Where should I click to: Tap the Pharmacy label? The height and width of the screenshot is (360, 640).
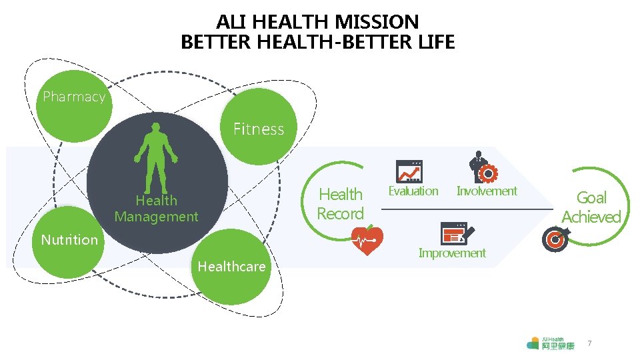pyautogui.click(x=74, y=97)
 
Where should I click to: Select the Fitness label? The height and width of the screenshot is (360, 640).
pyautogui.click(x=259, y=129)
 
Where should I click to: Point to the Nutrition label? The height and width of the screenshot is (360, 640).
pyautogui.click(x=69, y=239)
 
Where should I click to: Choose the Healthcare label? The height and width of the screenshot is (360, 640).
pyautogui.click(x=231, y=267)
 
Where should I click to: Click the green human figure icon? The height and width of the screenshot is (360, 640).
pyautogui.click(x=156, y=158)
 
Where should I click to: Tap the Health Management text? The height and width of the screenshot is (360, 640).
pyautogui.click(x=156, y=208)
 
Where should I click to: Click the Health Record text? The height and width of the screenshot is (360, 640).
pyautogui.click(x=340, y=204)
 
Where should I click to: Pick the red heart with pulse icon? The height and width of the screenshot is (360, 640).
pyautogui.click(x=367, y=241)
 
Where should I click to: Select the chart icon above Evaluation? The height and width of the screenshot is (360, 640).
pyautogui.click(x=409, y=171)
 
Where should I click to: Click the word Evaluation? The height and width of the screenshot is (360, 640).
pyautogui.click(x=413, y=191)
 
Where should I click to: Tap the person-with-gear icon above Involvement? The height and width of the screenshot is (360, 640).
pyautogui.click(x=483, y=167)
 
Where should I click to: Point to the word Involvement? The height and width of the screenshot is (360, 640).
pyautogui.click(x=487, y=191)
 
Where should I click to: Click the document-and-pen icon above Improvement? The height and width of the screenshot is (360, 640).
pyautogui.click(x=457, y=233)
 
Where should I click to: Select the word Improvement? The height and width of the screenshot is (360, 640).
pyautogui.click(x=452, y=253)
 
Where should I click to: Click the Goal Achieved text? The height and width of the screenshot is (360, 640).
pyautogui.click(x=591, y=207)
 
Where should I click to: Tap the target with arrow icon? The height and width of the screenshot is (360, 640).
pyautogui.click(x=556, y=239)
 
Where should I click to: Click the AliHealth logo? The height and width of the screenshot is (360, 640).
pyautogui.click(x=550, y=343)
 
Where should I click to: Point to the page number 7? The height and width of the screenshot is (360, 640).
pyautogui.click(x=589, y=343)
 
